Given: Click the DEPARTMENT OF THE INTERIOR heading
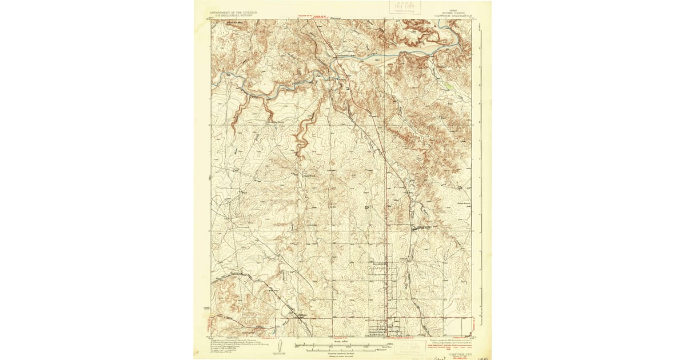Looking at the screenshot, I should tap(233, 11).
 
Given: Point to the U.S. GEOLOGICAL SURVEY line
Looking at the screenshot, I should tap(233, 15).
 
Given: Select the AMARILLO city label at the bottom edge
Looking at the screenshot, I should tap(378, 335).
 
